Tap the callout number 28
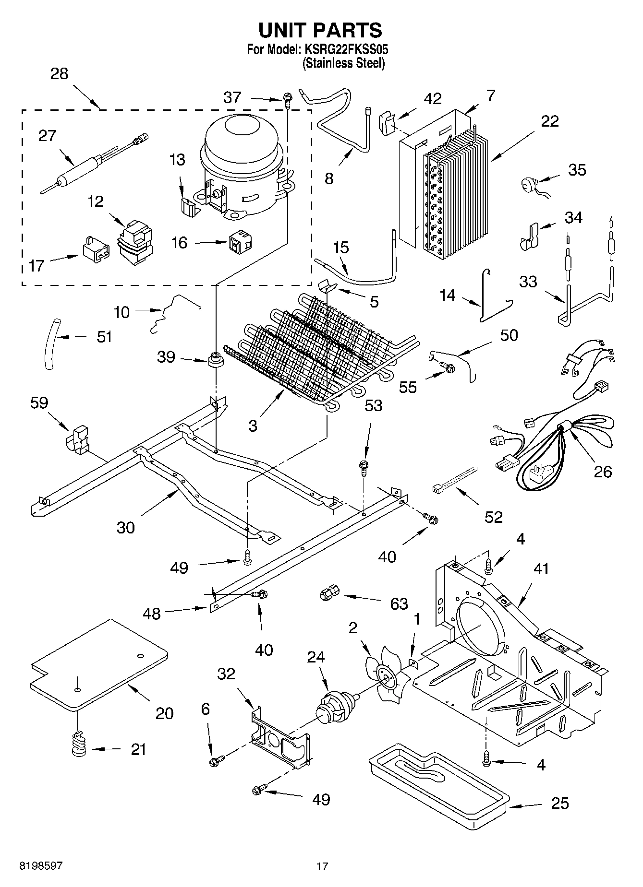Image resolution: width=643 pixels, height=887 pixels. tap(59, 74)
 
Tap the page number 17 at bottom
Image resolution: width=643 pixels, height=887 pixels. tap(322, 866)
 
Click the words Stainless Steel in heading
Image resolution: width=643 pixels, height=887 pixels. tap(343, 63)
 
